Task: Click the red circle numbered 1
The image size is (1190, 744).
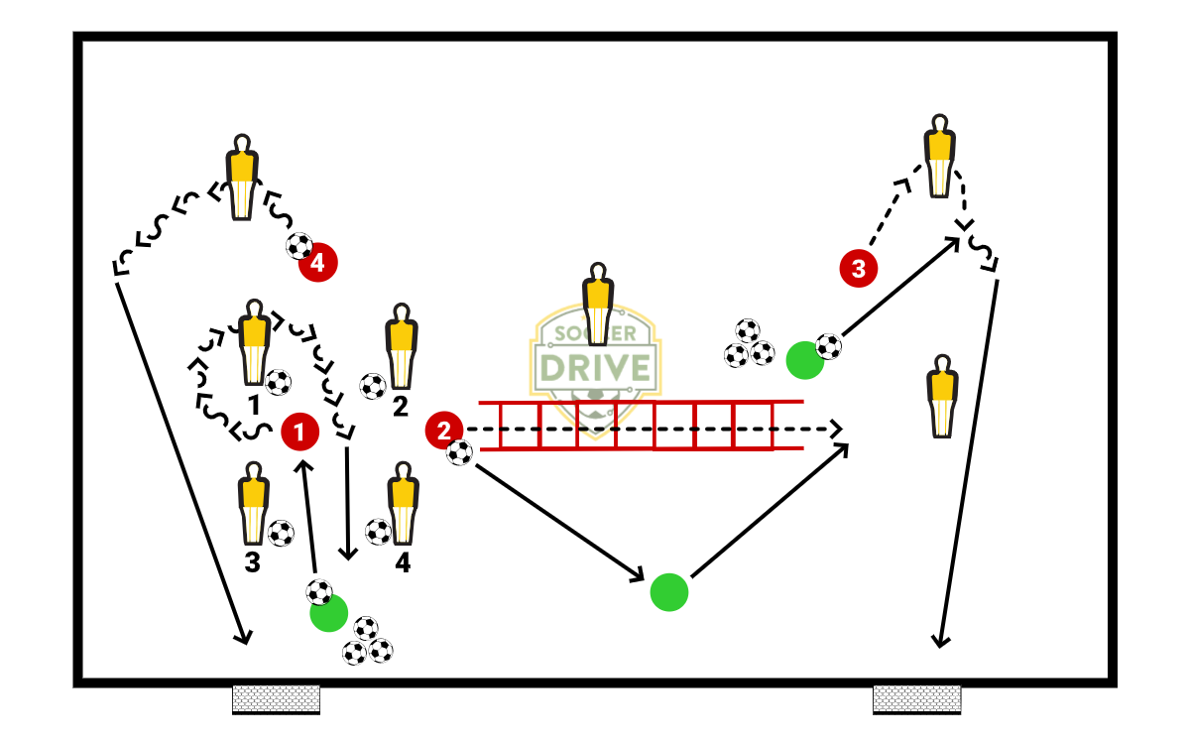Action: click(299, 432)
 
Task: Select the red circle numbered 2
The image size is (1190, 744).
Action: click(443, 431)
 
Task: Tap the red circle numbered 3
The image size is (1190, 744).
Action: click(858, 268)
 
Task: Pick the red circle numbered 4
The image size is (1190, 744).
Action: click(318, 263)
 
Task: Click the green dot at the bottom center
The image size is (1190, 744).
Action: click(669, 592)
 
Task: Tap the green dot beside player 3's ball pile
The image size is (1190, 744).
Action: click(804, 360)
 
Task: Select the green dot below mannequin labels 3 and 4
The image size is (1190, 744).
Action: click(328, 613)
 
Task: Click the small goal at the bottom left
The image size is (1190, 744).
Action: click(276, 698)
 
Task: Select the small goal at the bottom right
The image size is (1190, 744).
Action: click(916, 698)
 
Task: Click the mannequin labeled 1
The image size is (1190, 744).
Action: click(254, 341)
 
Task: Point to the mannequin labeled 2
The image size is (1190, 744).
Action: click(401, 346)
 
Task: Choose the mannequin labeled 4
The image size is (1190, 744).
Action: click(402, 505)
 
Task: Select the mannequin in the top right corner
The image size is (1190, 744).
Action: click(939, 156)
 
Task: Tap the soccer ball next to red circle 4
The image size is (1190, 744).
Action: click(298, 246)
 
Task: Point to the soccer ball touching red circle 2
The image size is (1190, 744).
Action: click(459, 453)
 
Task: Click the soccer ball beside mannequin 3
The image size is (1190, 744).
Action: click(282, 534)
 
